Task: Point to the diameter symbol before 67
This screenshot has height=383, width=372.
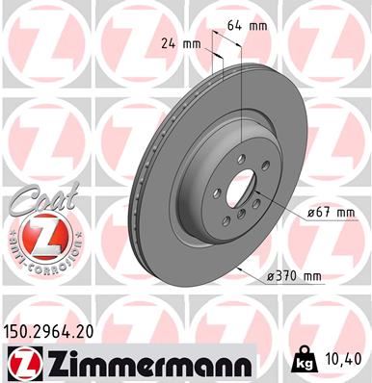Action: [300, 212]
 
